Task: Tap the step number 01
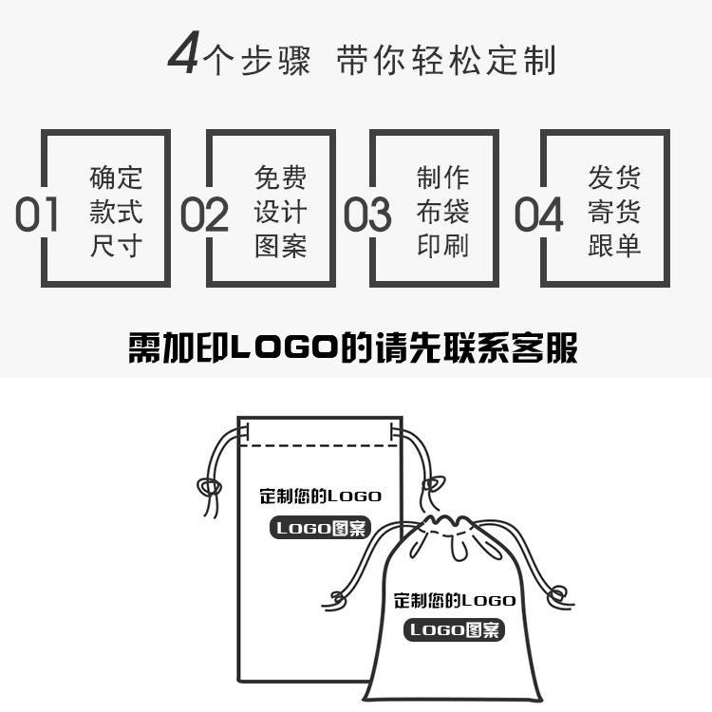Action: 37,215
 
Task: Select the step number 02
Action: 204,215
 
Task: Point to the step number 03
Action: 367,215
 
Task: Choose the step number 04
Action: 538,215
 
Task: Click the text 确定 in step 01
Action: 116,178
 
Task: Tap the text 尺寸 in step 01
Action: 116,246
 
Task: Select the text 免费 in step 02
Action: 280,178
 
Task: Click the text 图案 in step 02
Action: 280,246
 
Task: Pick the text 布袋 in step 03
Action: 442,212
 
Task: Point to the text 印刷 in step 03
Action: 442,246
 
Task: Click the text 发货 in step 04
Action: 614,178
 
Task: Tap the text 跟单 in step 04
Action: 614,246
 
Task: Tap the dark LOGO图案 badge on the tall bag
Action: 321,529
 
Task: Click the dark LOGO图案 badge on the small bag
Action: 455,630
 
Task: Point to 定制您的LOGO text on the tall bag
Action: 320,497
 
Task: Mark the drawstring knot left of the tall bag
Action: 209,487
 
